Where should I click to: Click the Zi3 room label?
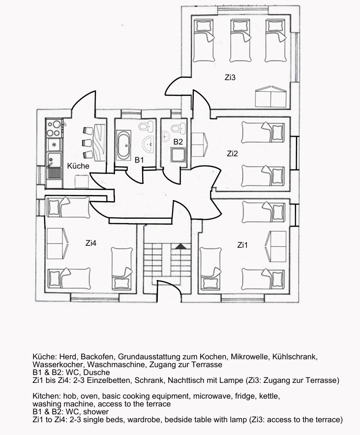tap(230, 77)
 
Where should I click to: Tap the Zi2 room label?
tap(232, 153)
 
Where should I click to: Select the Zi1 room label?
tap(242, 245)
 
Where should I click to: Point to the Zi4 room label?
tap(91, 243)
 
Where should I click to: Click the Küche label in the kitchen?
tap(78, 166)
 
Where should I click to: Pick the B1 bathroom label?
tap(139, 160)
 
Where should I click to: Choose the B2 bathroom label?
tap(178, 142)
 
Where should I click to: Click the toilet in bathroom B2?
tap(178, 127)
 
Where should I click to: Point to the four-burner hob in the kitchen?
tap(54, 128)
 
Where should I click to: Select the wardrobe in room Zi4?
tap(58, 244)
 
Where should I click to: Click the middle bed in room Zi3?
tap(240, 40)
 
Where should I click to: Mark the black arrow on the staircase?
tap(180, 246)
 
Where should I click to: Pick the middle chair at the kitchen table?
tap(88, 143)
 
